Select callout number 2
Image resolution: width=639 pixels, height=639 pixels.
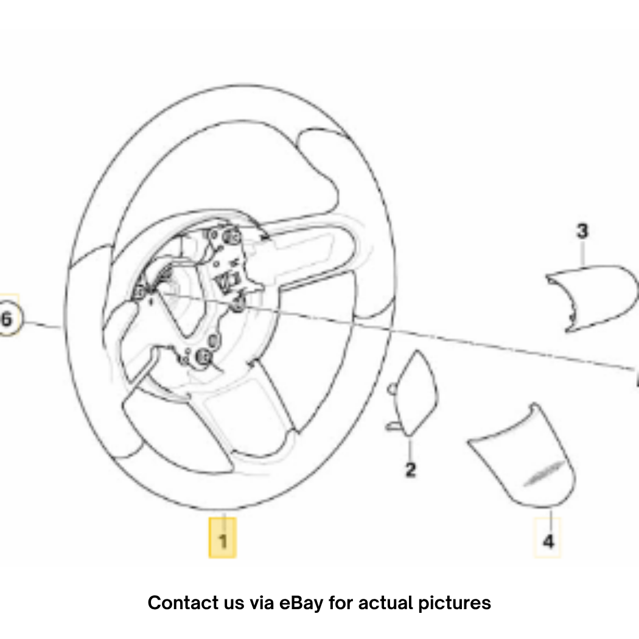pyautogui.click(x=410, y=469)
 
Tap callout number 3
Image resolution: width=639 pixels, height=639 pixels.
pyautogui.click(x=583, y=231)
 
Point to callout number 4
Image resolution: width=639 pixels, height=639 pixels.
pyautogui.click(x=548, y=542)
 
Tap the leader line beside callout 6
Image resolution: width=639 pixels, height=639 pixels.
pyautogui.click(x=42, y=324)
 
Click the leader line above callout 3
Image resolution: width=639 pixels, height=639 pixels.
pyautogui.click(x=583, y=254)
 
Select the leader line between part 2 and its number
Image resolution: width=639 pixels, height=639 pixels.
pyautogui.click(x=410, y=449)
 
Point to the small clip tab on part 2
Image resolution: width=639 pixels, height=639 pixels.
pyautogui.click(x=394, y=426)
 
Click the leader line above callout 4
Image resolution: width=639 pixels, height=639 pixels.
pyautogui.click(x=551, y=520)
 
